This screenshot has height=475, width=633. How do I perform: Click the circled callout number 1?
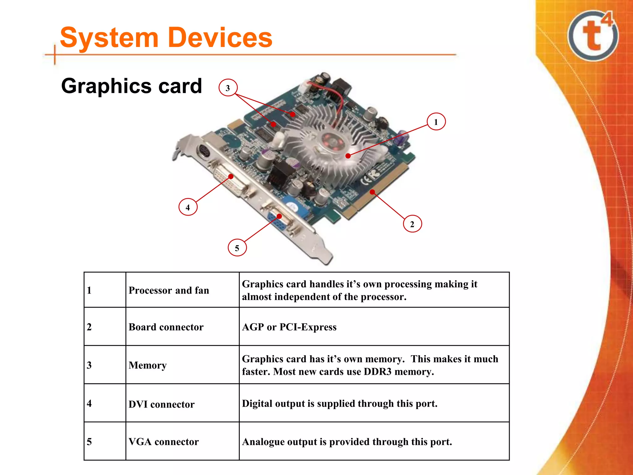pyautogui.click(x=436, y=122)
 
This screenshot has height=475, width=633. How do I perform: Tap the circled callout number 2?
pyautogui.click(x=412, y=224)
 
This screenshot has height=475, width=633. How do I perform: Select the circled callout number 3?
pyautogui.click(x=228, y=88)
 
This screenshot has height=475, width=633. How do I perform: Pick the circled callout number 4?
pyautogui.click(x=188, y=207)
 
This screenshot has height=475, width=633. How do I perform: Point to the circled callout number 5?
pyautogui.click(x=237, y=248)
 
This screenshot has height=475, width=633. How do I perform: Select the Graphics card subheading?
pyautogui.click(x=131, y=86)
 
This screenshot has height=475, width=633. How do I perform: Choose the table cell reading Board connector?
pyautogui.click(x=166, y=327)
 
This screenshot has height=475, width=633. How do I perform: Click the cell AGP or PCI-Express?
pyautogui.click(x=289, y=327)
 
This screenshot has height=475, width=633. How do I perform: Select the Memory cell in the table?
pyautogui.click(x=147, y=365)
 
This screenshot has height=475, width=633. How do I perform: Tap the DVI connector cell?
pyautogui.click(x=161, y=404)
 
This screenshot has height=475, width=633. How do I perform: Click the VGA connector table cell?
pyautogui.click(x=164, y=442)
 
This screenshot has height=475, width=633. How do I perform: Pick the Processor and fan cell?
pyautogui.click(x=169, y=290)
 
